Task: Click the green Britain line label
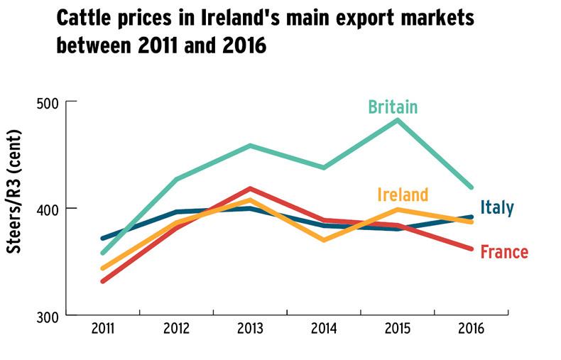click(x=392, y=108)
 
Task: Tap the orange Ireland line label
click(x=403, y=195)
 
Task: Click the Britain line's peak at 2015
click(x=398, y=120)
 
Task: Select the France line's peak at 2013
click(x=249, y=189)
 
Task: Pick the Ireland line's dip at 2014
click(x=324, y=240)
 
